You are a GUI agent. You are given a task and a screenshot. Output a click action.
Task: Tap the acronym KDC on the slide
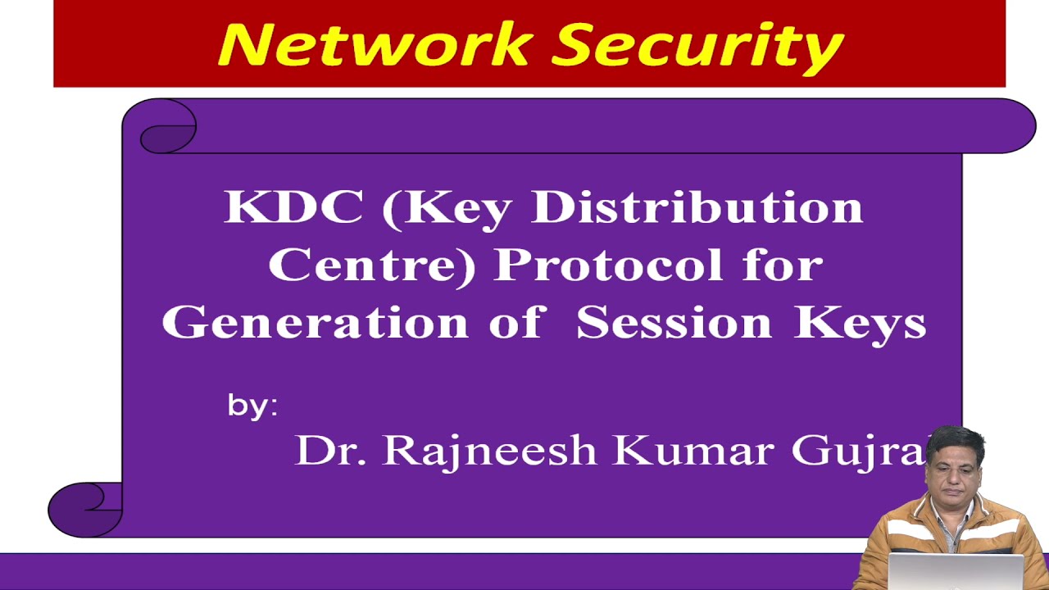click(x=293, y=207)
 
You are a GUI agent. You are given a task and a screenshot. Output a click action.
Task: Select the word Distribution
click(x=697, y=207)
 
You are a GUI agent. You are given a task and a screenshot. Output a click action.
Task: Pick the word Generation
click(x=314, y=322)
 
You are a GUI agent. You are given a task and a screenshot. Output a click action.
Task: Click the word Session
click(x=674, y=322)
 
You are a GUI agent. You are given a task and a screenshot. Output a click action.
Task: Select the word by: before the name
click(x=252, y=406)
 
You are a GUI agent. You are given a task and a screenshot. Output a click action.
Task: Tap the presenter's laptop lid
click(x=956, y=571)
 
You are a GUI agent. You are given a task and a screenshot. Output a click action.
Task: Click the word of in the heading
click(x=515, y=322)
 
